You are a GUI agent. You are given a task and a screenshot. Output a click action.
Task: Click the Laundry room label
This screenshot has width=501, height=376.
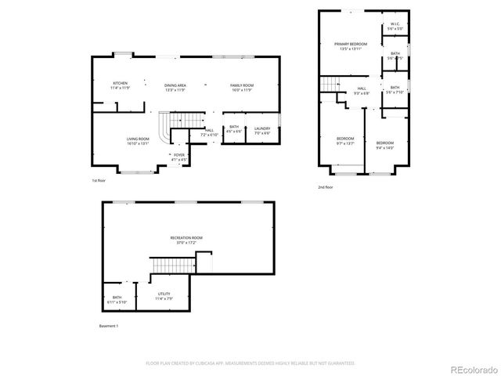point(262,130)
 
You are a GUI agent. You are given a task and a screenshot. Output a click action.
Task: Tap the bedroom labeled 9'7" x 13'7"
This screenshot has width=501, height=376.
point(345,141)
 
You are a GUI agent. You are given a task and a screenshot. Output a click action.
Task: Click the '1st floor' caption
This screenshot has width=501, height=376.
point(99,181)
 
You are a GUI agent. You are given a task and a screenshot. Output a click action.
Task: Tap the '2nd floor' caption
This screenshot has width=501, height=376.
point(326,187)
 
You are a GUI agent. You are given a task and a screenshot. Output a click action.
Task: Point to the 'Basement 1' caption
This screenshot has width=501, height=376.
point(109,325)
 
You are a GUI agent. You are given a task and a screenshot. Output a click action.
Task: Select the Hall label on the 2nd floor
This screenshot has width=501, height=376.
point(361,91)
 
